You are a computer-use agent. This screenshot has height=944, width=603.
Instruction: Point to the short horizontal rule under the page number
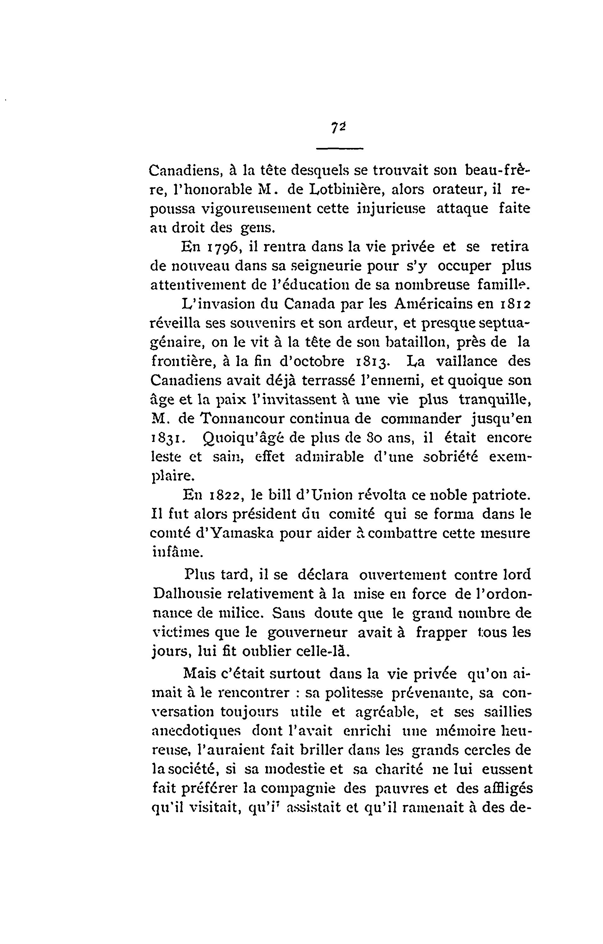tap(340, 148)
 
